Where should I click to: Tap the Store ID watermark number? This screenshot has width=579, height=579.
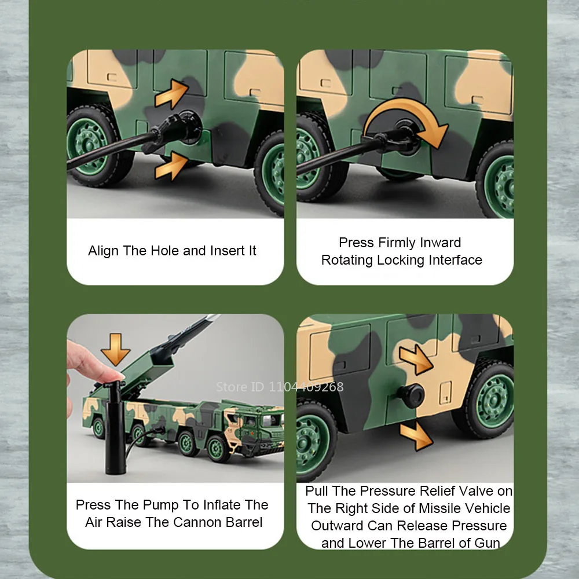click(x=306, y=387)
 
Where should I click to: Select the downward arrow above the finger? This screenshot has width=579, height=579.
click(x=116, y=349)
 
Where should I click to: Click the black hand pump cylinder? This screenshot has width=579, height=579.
click(x=115, y=428)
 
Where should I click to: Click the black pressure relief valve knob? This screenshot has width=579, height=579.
click(x=411, y=396)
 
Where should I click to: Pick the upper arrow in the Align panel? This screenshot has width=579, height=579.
click(x=172, y=94)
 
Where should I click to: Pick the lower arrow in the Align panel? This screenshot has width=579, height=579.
click(x=172, y=167)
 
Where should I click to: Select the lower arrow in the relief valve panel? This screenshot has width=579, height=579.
click(x=416, y=436)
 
